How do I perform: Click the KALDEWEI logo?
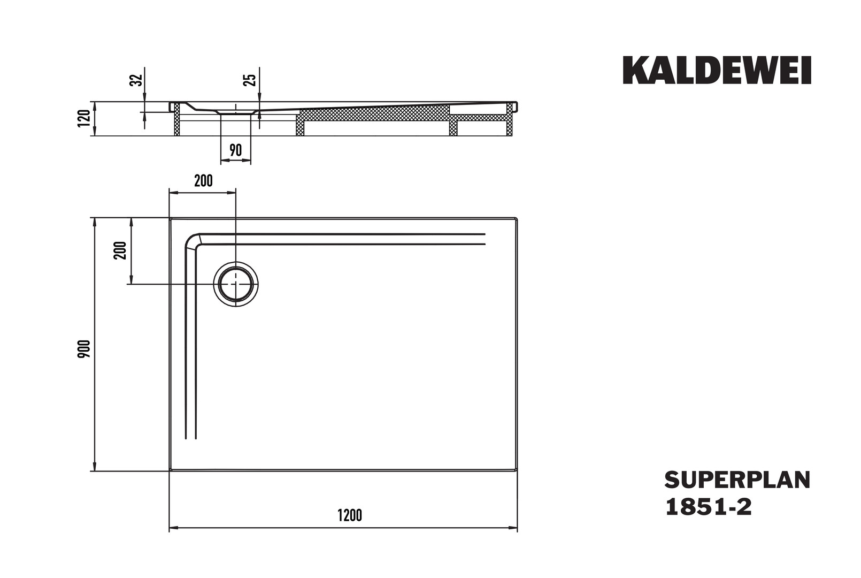(717, 70)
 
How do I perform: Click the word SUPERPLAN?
(737, 480)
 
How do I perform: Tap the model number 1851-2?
(708, 507)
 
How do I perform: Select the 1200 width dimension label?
(349, 515)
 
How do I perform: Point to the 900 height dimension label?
(84, 349)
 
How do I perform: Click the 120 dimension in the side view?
(84, 118)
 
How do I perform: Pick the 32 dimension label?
(136, 80)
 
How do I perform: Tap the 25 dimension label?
(250, 80)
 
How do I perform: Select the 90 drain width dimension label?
(236, 150)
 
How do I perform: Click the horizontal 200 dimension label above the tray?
(203, 181)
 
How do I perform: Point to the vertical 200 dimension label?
(120, 250)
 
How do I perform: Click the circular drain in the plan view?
(236, 284)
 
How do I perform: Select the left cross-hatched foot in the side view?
(177, 119)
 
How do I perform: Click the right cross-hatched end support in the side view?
(510, 119)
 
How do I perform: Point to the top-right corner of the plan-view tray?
(517, 218)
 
